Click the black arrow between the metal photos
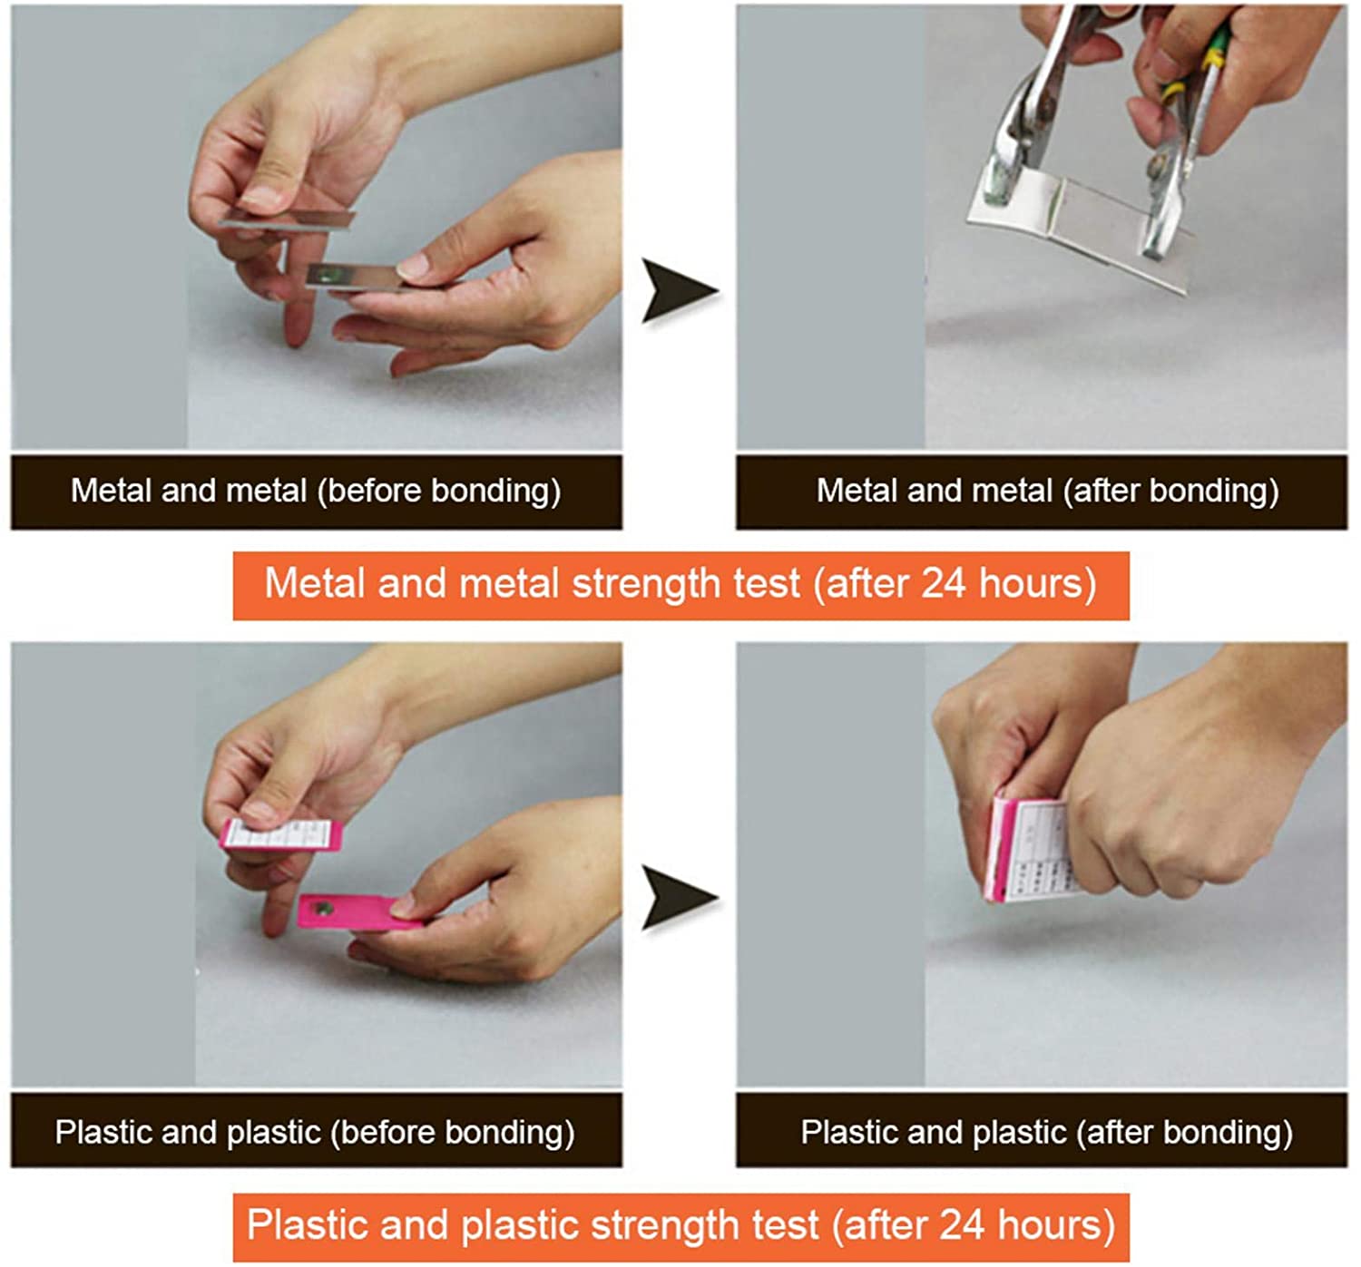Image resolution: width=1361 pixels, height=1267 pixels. click(676, 291)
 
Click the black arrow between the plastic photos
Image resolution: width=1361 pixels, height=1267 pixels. click(676, 898)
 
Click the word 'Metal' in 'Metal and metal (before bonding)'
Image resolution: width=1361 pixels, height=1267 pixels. click(111, 491)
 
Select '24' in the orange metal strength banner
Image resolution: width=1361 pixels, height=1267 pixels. click(944, 583)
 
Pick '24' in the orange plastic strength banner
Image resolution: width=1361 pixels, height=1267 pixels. click(962, 1225)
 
